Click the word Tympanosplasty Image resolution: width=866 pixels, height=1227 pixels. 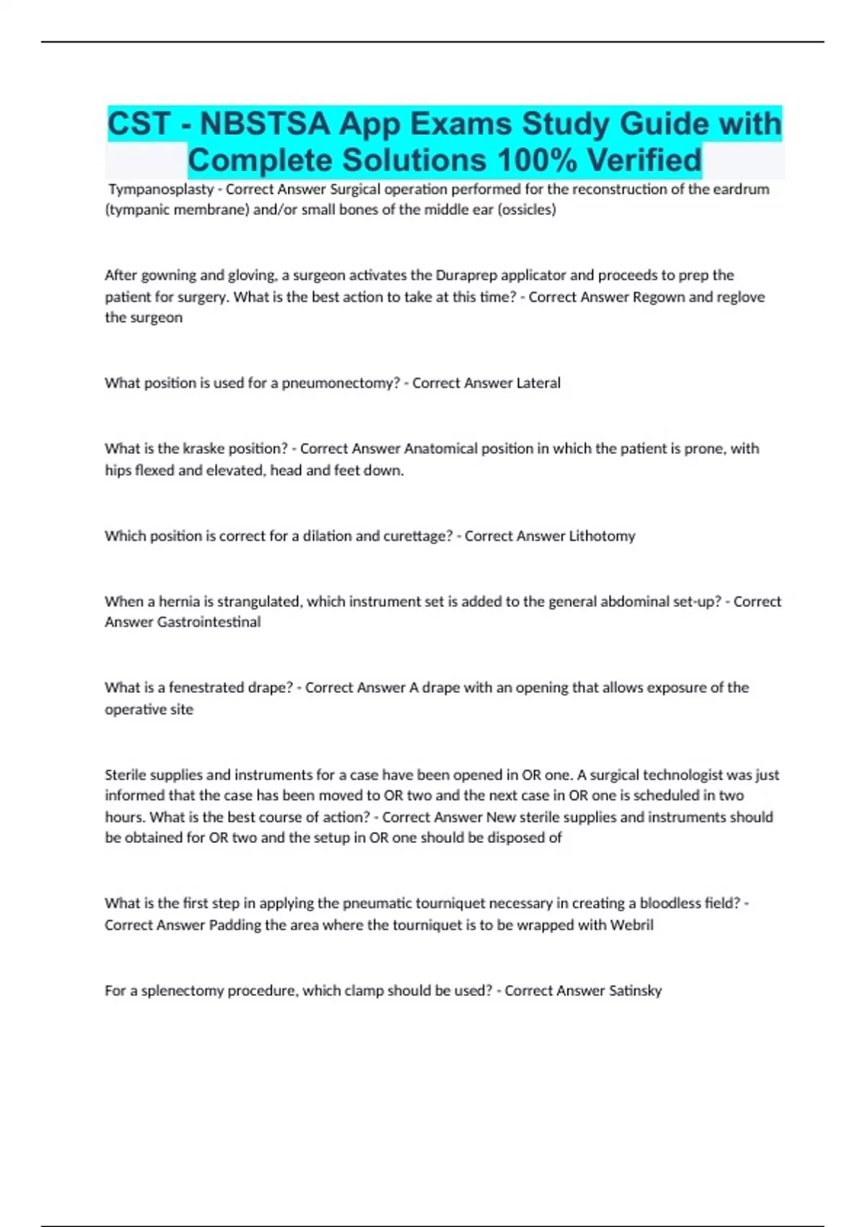pos(161,189)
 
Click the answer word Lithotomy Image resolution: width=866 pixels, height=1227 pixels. pos(602,536)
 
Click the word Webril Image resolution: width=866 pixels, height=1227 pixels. pos(631,925)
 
